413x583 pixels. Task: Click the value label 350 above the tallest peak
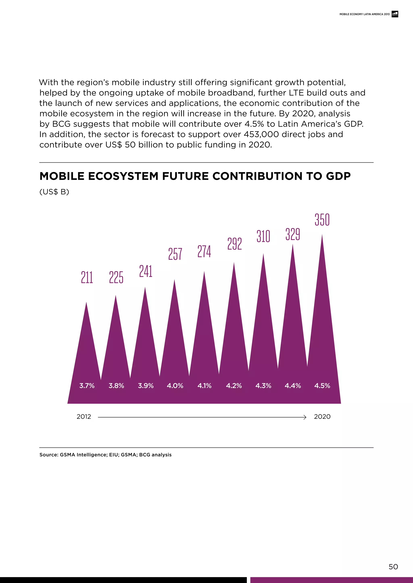(322, 220)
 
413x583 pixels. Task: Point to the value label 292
(234, 244)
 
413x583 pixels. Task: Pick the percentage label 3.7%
(87, 386)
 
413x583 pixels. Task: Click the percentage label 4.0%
(175, 386)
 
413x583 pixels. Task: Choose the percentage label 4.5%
(322, 386)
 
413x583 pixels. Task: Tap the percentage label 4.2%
(234, 386)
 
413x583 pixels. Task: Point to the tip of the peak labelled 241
(145, 288)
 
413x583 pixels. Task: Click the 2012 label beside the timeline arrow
(84, 417)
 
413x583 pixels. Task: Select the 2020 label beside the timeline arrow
(322, 417)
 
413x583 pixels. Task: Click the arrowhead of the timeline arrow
(305, 417)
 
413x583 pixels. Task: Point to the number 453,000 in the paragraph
(261, 134)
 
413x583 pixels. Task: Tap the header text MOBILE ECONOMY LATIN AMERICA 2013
(364, 14)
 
